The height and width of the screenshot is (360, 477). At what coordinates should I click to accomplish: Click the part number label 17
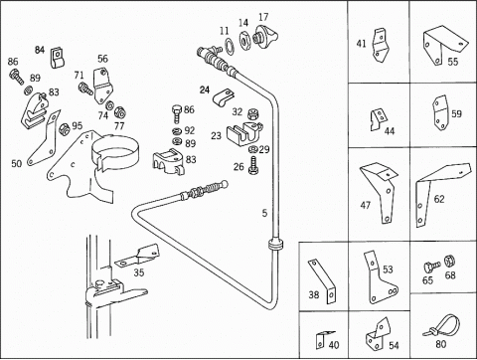tap(263, 17)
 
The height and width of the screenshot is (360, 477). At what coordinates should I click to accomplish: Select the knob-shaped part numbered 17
tap(265, 36)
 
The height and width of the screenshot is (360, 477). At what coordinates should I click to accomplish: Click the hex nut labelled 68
tap(449, 261)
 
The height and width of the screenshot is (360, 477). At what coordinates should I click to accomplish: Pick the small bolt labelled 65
tap(431, 267)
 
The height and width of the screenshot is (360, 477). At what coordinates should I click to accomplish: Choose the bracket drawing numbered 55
tap(445, 47)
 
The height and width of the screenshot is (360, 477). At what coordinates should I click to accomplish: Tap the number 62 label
tap(439, 199)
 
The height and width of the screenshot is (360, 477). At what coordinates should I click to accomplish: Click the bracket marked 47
tap(379, 192)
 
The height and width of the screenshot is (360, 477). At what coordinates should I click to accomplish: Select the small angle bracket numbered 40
tap(322, 339)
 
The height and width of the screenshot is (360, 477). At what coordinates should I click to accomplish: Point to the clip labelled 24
tap(223, 97)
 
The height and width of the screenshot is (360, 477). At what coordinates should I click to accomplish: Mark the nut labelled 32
tap(253, 113)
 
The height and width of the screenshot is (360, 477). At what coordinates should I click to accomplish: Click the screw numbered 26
tap(254, 165)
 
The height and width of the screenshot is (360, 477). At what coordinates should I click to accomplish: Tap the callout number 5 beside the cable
tap(264, 213)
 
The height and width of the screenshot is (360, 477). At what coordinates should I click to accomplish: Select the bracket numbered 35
tap(137, 256)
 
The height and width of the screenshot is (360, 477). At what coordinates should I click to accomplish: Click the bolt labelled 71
tap(85, 89)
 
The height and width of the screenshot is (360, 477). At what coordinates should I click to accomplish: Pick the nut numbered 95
tap(64, 128)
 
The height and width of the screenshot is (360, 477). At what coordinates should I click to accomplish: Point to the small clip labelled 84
tap(58, 58)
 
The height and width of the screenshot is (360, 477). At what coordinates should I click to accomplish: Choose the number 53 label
tap(388, 270)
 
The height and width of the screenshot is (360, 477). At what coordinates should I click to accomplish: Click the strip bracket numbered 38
tap(323, 281)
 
